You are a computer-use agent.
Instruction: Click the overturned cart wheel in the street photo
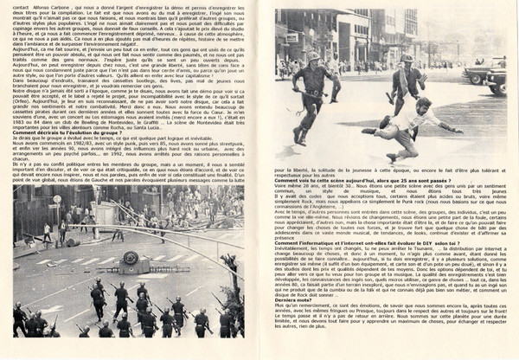[x=131, y=257]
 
